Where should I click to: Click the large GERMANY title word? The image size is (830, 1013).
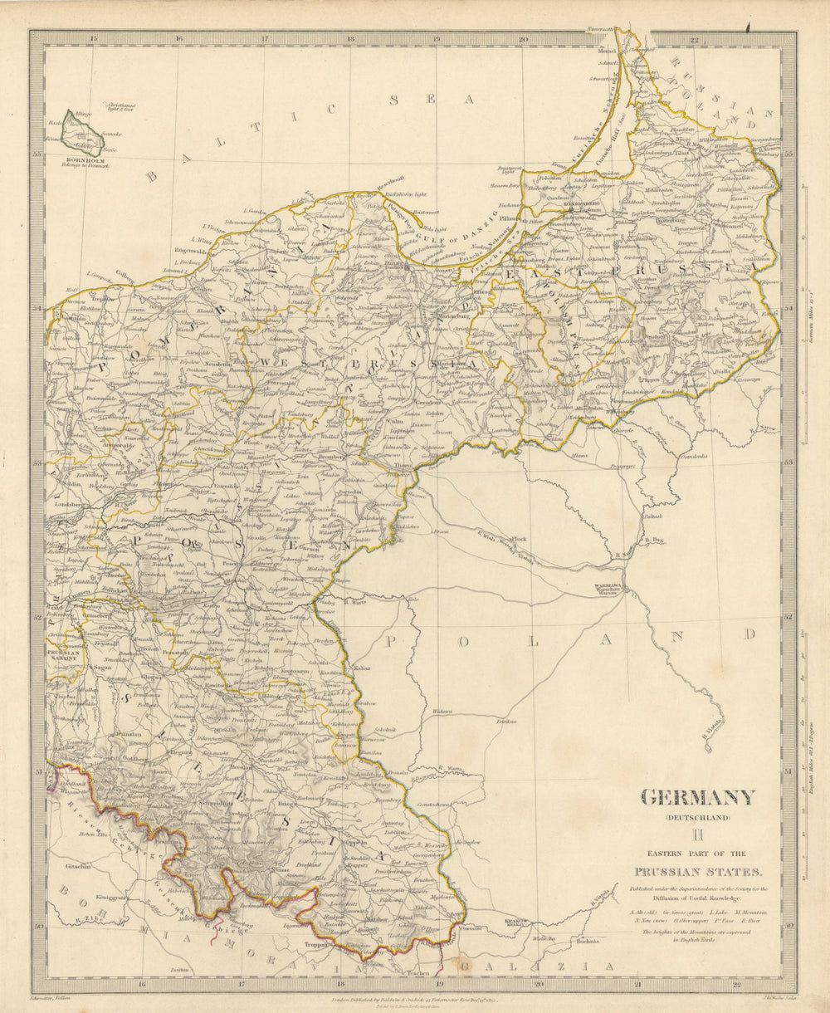pos(698,798)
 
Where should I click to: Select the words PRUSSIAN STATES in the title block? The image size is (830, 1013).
pos(697,872)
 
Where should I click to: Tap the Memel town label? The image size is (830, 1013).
pos(608,51)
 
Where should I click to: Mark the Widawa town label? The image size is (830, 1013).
pos(442,712)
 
